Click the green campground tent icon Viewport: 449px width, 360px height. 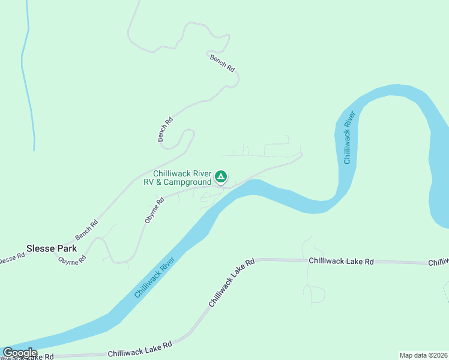coord(221,176)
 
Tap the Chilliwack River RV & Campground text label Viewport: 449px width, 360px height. coord(182,178)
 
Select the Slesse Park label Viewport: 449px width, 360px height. coord(52,248)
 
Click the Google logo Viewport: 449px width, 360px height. coord(20,353)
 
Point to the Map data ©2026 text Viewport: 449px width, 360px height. coord(423,355)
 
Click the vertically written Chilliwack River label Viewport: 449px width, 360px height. coord(349,137)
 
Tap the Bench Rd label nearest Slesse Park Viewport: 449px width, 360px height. coord(86,230)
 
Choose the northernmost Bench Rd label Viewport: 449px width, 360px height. coord(222,63)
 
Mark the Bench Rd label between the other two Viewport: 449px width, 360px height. coord(165,128)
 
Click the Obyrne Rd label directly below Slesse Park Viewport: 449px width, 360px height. coord(72,260)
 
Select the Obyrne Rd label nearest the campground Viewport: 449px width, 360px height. coord(154,211)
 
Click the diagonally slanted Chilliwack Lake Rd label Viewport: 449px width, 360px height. coord(232,283)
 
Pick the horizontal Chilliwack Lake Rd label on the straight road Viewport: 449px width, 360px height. coord(341,262)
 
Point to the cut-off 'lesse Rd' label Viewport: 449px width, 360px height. coord(12,256)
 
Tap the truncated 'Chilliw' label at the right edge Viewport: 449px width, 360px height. coord(438,262)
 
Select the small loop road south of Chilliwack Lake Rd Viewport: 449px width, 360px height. coord(315,293)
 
